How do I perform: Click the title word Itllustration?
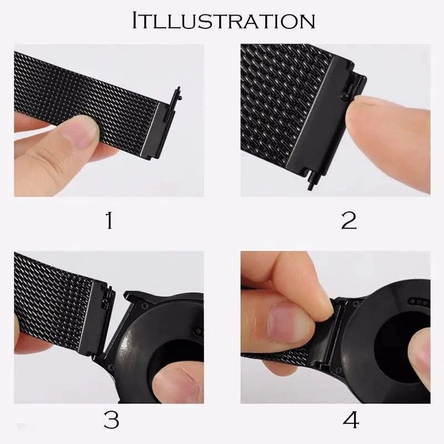[223, 21]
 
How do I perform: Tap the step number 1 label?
[110, 220]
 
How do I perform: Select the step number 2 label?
[348, 220]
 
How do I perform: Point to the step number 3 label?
[112, 421]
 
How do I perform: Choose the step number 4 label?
[350, 421]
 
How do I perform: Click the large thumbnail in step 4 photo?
[286, 322]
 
